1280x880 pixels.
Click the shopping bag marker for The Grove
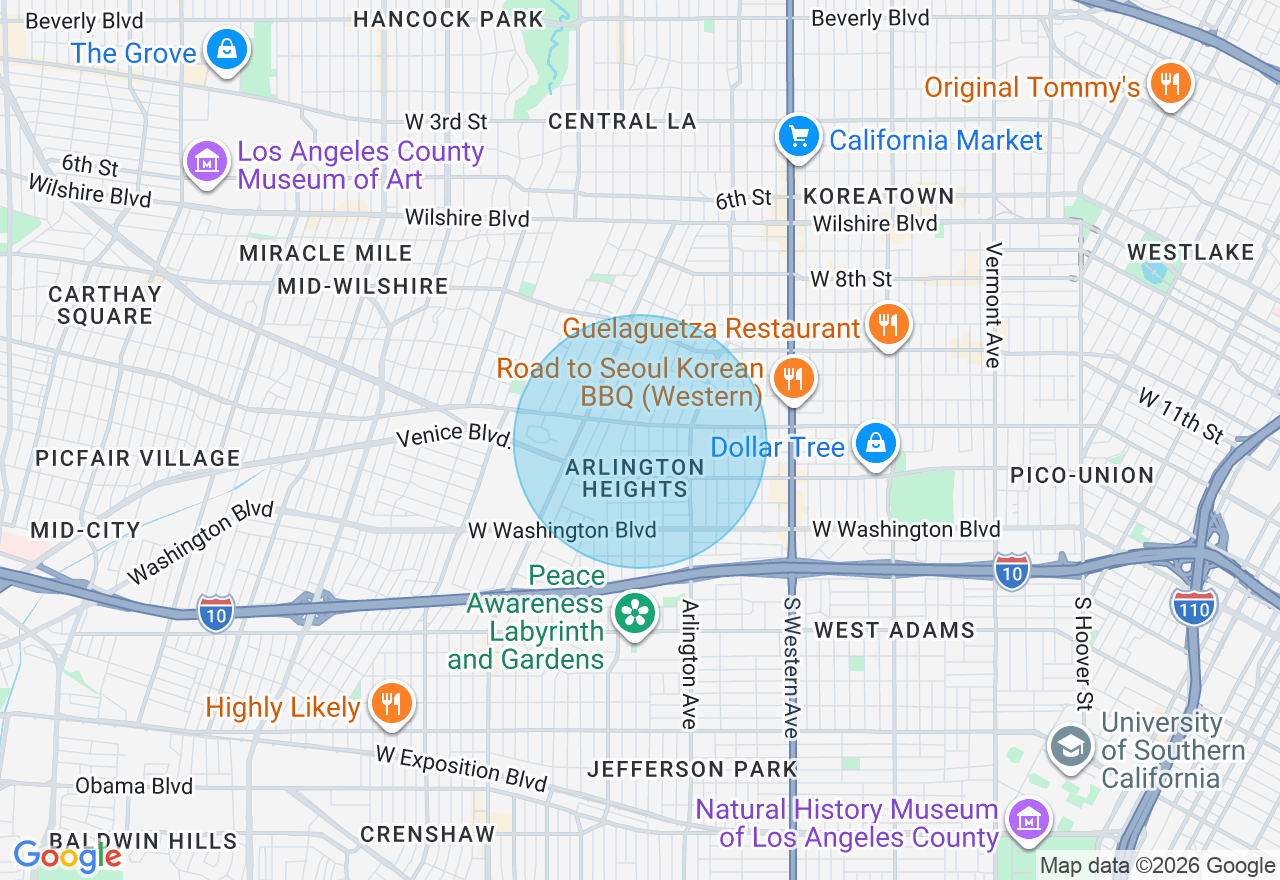click(227, 49)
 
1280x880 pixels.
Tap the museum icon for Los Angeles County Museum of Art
click(207, 161)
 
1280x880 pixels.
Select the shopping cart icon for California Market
click(798, 137)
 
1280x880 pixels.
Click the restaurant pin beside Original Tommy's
click(1167, 84)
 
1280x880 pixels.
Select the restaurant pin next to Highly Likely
click(390, 704)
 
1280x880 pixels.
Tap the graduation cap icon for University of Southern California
click(1070, 746)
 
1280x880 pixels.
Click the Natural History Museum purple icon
click(1027, 820)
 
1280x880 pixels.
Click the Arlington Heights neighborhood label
click(635, 478)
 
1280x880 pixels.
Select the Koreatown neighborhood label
click(879, 196)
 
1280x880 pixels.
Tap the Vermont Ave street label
click(993, 305)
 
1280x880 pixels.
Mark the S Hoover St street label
click(1083, 652)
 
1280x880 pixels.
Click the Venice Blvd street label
click(454, 436)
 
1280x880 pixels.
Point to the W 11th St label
click(1181, 414)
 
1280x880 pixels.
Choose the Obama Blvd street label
click(133, 786)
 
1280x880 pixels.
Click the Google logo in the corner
click(67, 856)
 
